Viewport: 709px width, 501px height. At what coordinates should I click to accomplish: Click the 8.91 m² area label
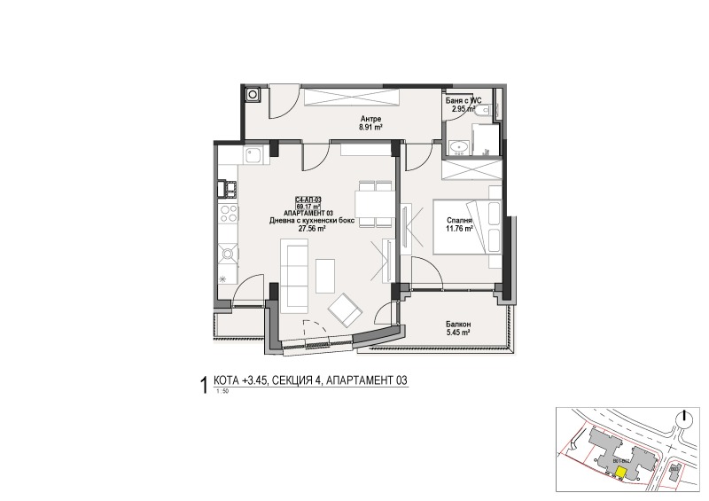(x=371, y=126)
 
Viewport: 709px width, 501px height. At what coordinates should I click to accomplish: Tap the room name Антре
(x=371, y=118)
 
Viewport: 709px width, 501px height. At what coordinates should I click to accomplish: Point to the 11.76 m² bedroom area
(x=458, y=228)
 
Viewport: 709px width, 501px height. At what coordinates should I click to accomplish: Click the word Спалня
(x=458, y=220)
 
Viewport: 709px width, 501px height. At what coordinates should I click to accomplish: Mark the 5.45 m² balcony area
(x=458, y=334)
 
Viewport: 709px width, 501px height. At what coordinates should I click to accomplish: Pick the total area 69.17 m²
(x=308, y=207)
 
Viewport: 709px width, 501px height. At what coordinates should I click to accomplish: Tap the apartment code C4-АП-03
(x=308, y=200)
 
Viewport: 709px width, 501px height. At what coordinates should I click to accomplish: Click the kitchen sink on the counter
(x=253, y=157)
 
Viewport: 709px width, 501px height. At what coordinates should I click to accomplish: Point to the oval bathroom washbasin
(x=459, y=147)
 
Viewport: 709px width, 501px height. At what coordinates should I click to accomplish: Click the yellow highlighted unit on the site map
(x=620, y=473)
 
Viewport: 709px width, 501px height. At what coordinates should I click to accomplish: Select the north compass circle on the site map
(x=683, y=419)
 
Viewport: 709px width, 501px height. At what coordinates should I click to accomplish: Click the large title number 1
(x=206, y=384)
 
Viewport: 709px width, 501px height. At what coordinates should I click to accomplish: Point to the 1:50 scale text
(x=221, y=390)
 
